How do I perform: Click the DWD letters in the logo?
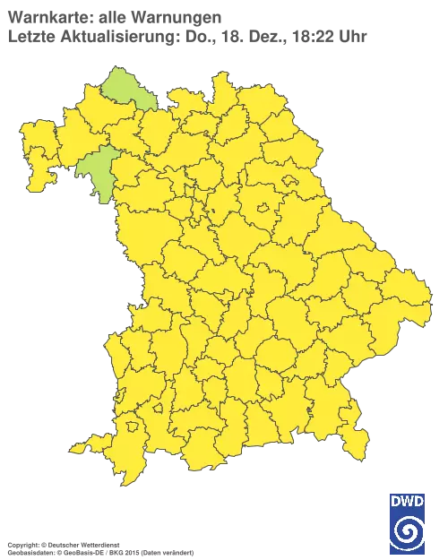(408, 501)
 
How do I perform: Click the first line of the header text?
(112, 17)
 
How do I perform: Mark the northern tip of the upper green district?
(115, 69)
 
